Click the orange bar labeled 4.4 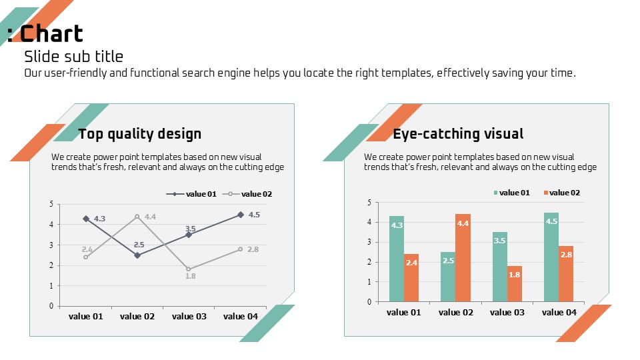click(463, 258)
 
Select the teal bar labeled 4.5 click(551, 257)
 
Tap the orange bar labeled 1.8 click(514, 284)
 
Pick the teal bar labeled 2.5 click(448, 277)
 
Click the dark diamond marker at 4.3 click(86, 219)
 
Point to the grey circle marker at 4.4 click(137, 217)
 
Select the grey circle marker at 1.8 click(189, 269)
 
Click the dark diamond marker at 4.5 click(241, 215)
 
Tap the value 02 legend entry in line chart click(247, 194)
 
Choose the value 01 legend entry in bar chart click(511, 193)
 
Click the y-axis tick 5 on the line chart click(51, 204)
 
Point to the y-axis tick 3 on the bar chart click(369, 242)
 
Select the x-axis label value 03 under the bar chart click(507, 312)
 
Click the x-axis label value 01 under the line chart click(86, 316)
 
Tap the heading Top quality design click(139, 134)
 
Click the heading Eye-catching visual click(458, 134)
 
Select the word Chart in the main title click(51, 33)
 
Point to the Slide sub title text click(74, 56)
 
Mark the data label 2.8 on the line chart click(253, 249)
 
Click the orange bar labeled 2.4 click(411, 278)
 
